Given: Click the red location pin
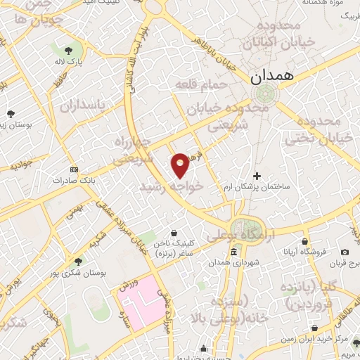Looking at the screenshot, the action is tap(181, 165).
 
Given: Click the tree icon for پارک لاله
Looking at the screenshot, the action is tap(68, 51).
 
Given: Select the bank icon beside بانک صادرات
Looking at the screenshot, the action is tap(74, 169).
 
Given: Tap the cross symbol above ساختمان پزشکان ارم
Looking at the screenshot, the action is tap(257, 176).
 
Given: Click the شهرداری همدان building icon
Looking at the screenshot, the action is tap(233, 252).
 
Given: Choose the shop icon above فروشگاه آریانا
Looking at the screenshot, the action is tap(304, 241).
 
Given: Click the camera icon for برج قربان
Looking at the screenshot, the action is tap(345, 252).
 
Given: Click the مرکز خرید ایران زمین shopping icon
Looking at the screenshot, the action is tap(315, 328).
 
